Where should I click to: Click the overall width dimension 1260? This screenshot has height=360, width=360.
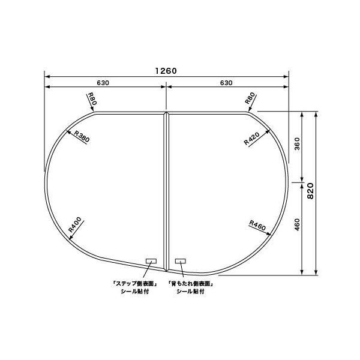coord(166,71)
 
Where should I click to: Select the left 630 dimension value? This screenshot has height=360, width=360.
coord(103,82)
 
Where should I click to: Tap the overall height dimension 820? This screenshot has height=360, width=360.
coord(310,191)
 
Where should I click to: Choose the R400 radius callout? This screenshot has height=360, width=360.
coord(75,224)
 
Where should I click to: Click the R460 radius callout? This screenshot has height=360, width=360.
coord(257,226)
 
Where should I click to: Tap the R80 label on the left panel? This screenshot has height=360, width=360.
coord(91,99)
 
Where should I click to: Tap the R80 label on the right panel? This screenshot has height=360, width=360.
coord(250,99)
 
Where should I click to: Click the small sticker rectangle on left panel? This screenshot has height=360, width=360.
coord(151,261)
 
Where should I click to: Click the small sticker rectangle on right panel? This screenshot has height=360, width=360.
coord(181,261)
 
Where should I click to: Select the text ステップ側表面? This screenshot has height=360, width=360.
coord(134,284)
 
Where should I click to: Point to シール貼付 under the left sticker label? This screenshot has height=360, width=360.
coord(134,292)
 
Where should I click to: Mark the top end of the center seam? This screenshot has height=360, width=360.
coord(166,112)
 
